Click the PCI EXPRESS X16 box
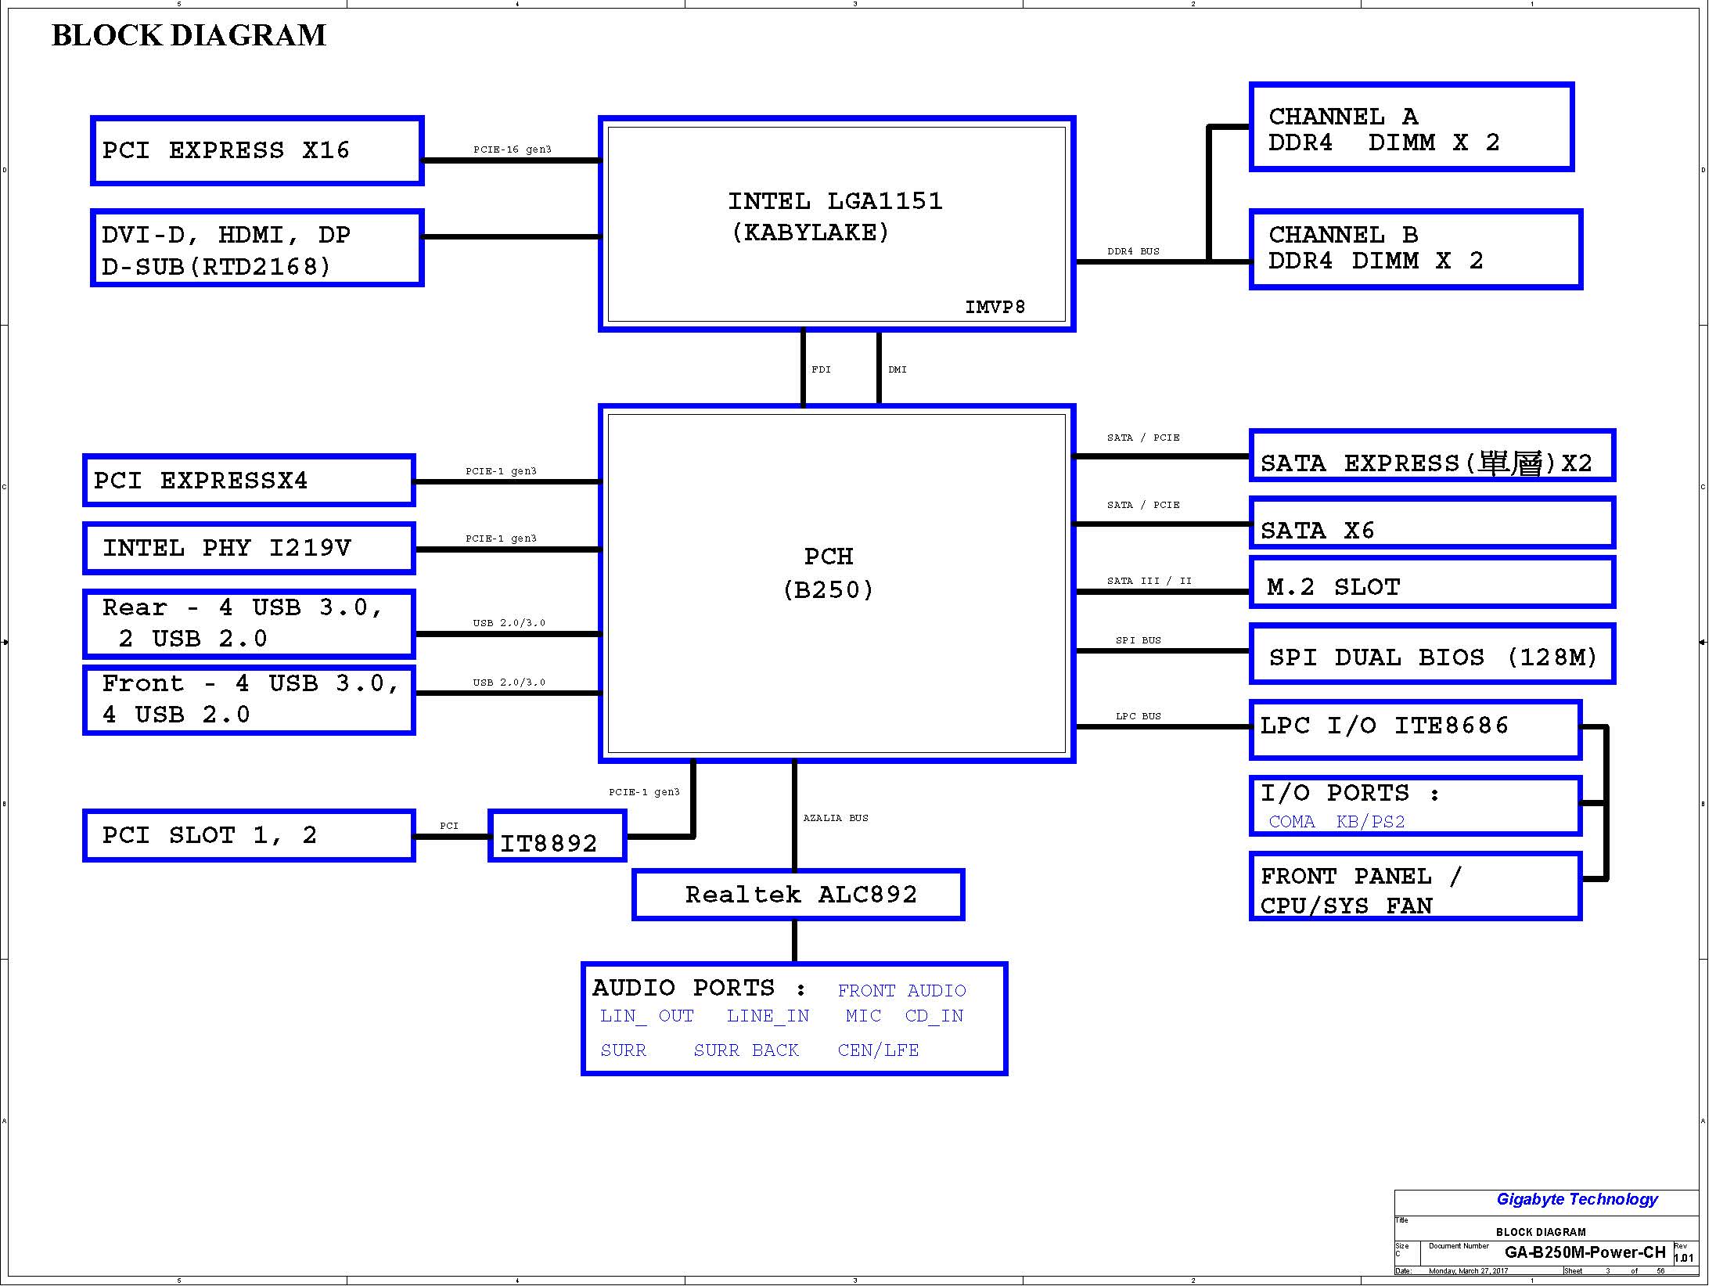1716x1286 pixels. tap(257, 150)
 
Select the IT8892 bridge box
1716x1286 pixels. tap(557, 836)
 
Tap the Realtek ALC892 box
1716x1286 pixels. tap(798, 895)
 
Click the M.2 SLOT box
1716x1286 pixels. tap(1432, 583)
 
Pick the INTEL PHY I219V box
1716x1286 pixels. tap(248, 548)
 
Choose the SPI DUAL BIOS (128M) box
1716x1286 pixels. tap(1432, 655)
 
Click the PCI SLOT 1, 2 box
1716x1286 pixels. tap(248, 836)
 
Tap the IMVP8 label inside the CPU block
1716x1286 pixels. tap(995, 308)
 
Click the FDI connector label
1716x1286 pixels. tap(821, 369)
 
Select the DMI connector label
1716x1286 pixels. tap(898, 369)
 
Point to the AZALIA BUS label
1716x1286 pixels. tap(836, 818)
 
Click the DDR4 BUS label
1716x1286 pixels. tap(1133, 251)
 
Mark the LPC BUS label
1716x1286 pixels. tap(1138, 716)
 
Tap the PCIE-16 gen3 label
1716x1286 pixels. tap(512, 149)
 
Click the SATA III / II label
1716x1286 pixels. tap(1149, 581)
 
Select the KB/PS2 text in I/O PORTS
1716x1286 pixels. tap(1370, 822)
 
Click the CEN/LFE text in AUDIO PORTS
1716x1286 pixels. tap(878, 1050)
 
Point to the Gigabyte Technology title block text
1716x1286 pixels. tap(1577, 1199)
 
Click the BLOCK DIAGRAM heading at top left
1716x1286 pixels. tap(189, 36)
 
